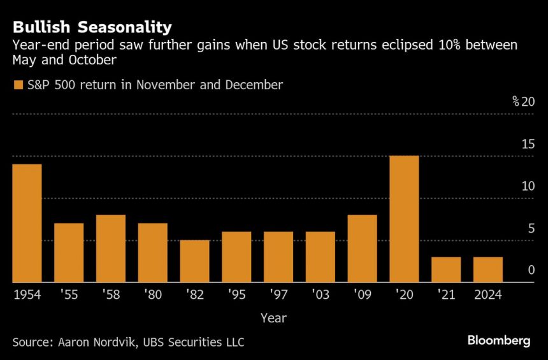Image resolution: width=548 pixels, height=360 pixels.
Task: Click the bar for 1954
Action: point(27,223)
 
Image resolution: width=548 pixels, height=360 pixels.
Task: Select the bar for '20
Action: point(404,219)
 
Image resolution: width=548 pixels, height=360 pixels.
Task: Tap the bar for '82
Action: point(194,261)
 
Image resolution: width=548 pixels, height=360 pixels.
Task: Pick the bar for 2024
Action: point(487,270)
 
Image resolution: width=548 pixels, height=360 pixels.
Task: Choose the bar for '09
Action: point(362,248)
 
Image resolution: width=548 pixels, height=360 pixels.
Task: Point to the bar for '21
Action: point(446,270)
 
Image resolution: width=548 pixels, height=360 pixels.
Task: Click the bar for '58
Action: point(111,248)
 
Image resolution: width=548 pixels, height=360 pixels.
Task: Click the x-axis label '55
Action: point(69,295)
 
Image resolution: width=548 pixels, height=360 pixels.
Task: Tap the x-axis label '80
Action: point(152,295)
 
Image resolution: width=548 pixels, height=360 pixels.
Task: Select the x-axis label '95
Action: point(236,295)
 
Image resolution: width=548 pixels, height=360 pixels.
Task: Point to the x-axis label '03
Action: point(320,295)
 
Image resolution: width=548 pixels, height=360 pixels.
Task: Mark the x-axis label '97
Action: point(278,295)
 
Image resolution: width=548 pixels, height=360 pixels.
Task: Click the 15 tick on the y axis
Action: point(528,144)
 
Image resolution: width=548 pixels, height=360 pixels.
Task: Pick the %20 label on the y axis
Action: point(523,102)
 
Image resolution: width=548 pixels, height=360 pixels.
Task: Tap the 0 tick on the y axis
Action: point(531,270)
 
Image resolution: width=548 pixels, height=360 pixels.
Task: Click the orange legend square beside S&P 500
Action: point(17,85)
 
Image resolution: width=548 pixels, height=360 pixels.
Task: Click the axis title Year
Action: point(273,317)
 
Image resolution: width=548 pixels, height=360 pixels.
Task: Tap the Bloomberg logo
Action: point(498,341)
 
